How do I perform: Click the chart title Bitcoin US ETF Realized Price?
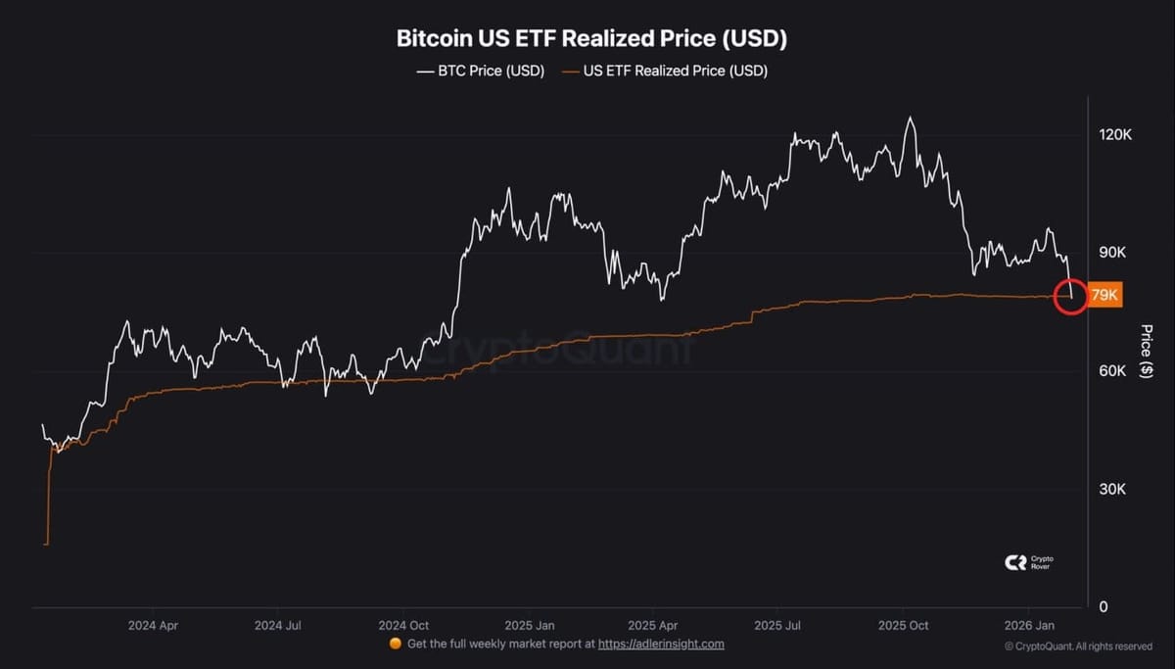point(591,39)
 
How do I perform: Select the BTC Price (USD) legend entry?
point(481,71)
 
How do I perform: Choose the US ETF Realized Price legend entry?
point(665,71)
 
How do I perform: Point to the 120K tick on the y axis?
point(1115,135)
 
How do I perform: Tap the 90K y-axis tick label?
point(1112,253)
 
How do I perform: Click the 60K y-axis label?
point(1112,371)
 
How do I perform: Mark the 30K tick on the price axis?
point(1112,489)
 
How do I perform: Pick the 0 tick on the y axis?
point(1104,606)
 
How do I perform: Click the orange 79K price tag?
point(1104,295)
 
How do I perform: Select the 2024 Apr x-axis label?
point(153,626)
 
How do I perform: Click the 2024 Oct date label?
point(403,626)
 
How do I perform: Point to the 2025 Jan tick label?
point(530,626)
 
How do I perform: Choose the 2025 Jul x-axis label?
point(777,626)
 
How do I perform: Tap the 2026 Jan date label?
point(1029,626)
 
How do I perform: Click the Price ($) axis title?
point(1147,351)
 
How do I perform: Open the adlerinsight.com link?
point(661,644)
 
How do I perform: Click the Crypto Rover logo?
point(1029,562)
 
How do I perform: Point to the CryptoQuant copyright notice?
point(1078,646)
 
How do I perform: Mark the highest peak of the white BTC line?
point(910,117)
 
